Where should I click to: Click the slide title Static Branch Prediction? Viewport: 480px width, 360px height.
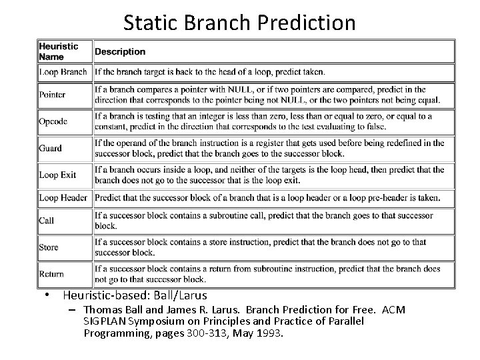click(x=239, y=23)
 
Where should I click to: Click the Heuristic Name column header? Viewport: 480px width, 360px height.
click(x=59, y=51)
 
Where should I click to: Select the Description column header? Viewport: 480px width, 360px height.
click(x=120, y=52)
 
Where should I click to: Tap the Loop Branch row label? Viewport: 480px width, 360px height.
click(x=63, y=72)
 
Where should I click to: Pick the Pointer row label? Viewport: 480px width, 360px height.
click(x=52, y=95)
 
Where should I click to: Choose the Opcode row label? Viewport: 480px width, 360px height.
click(x=53, y=122)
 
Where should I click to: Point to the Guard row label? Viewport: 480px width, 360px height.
click(x=50, y=149)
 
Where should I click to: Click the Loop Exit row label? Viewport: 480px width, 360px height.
click(x=58, y=175)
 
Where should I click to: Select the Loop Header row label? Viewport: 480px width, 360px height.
click(x=63, y=198)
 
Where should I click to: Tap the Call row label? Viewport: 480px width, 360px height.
click(x=47, y=221)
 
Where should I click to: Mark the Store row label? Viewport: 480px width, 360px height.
click(x=49, y=247)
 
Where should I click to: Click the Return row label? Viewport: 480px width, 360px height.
click(x=51, y=274)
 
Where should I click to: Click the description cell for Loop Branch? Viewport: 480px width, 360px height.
click(x=210, y=72)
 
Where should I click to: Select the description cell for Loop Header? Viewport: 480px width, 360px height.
click(x=267, y=198)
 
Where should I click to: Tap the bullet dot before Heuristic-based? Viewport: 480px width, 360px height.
click(x=49, y=295)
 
